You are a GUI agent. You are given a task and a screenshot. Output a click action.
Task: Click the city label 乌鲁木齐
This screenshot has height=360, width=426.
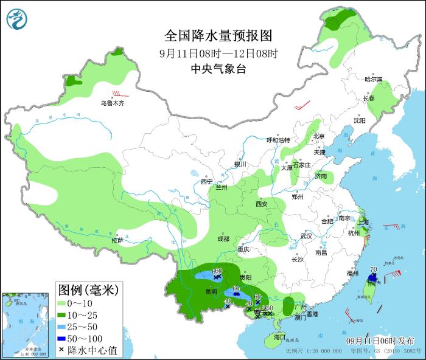(113, 103)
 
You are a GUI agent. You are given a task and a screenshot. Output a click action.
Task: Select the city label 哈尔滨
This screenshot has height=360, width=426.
(373, 80)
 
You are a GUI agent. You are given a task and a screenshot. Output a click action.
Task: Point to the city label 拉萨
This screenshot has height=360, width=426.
(117, 240)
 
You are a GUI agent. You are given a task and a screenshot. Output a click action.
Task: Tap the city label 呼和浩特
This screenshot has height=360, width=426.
(279, 140)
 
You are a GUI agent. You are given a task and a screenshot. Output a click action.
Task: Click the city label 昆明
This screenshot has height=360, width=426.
(211, 291)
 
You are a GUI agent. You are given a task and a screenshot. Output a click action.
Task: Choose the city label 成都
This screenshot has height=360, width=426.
(222, 239)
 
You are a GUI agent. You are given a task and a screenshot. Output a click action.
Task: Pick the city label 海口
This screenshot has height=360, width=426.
(279, 336)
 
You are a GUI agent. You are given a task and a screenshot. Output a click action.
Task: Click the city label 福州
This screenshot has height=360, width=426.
(352, 274)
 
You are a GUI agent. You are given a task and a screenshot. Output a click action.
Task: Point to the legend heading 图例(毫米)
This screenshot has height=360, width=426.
(88, 288)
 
